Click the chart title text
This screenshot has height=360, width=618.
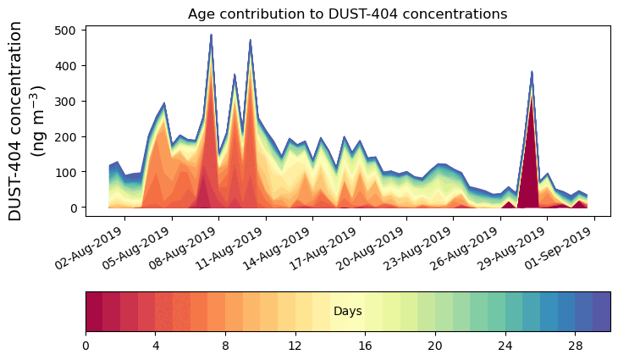pos(347,14)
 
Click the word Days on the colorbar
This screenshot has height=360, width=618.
pos(347,312)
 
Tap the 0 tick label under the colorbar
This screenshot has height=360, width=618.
pos(86,346)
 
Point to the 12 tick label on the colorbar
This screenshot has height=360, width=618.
pos(295,346)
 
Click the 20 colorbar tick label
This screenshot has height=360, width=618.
pos(435,346)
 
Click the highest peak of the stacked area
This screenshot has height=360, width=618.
pos(211,36)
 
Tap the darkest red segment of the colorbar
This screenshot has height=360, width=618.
pos(94,312)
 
